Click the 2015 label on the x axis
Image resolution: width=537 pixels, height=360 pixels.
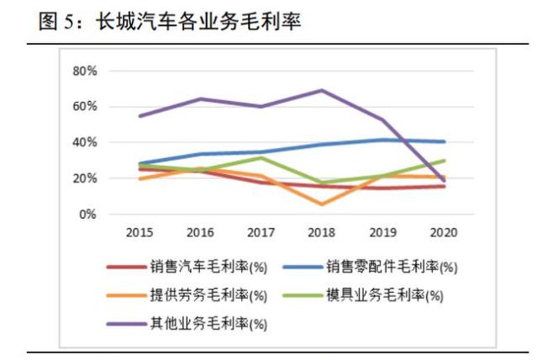pyautogui.click(x=140, y=231)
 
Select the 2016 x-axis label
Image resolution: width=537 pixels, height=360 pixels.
pyautogui.click(x=201, y=231)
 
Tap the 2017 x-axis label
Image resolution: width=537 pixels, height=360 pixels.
pyautogui.click(x=262, y=231)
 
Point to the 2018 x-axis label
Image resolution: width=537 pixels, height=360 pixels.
pyautogui.click(x=323, y=231)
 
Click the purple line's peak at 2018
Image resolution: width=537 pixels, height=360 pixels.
pyautogui.click(x=323, y=90)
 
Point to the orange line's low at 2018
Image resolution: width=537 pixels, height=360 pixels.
pyautogui.click(x=323, y=204)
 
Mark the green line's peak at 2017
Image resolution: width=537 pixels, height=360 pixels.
pyautogui.click(x=262, y=157)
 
